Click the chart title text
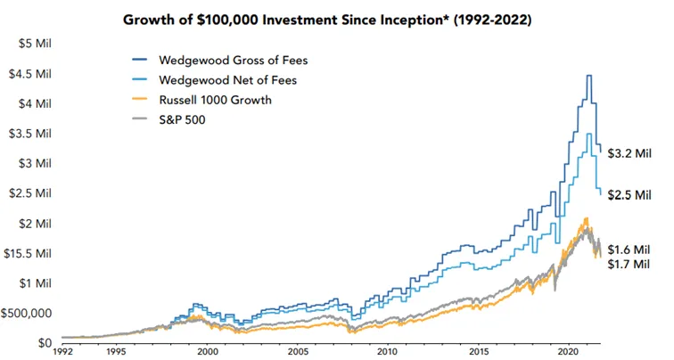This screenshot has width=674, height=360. [x=327, y=20]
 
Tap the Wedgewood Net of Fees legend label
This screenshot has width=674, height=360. [x=228, y=80]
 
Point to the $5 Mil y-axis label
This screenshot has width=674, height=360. [x=35, y=44]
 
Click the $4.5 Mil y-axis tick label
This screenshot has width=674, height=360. [x=30, y=74]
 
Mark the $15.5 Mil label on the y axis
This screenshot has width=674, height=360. [x=28, y=253]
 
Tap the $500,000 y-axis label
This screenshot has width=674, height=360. [x=26, y=313]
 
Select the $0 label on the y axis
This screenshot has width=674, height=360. [x=45, y=343]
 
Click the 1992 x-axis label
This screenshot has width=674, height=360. [x=62, y=352]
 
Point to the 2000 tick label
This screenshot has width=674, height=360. [x=207, y=352]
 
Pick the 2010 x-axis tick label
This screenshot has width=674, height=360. [x=389, y=352]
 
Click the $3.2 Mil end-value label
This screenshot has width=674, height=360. [x=629, y=153]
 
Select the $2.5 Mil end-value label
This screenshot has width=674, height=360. [x=629, y=195]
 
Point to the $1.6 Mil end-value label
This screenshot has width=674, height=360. [x=629, y=250]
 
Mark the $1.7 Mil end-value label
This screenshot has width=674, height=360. [x=629, y=264]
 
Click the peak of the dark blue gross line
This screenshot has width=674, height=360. [x=589, y=76]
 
